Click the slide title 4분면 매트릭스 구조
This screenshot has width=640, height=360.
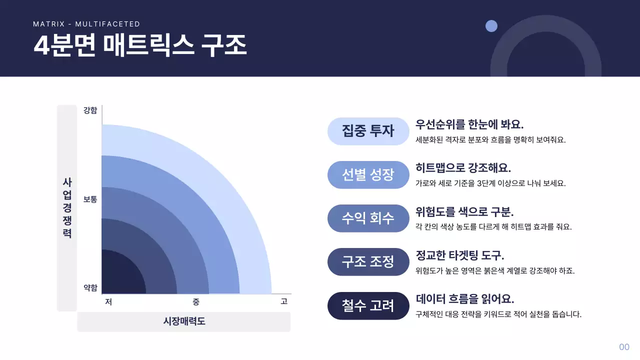(x=140, y=45)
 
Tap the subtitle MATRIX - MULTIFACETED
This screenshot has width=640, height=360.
(x=86, y=24)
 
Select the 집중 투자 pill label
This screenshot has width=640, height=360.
(x=368, y=131)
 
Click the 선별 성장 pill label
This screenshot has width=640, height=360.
(x=368, y=174)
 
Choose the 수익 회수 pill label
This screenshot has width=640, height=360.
(x=368, y=218)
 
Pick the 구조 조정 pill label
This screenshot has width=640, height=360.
(x=368, y=261)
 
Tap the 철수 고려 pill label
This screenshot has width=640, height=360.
(x=368, y=305)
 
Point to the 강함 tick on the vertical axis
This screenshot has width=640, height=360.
(x=90, y=110)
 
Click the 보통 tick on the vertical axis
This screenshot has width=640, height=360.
(x=90, y=199)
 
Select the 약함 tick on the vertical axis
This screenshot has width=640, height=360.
(x=90, y=287)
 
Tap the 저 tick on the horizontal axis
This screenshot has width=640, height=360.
(x=108, y=301)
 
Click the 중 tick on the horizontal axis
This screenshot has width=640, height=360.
(x=196, y=301)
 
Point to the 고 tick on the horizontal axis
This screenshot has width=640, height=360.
(x=284, y=301)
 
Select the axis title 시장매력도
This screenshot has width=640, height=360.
(x=184, y=321)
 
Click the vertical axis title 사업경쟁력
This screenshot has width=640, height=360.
(x=67, y=207)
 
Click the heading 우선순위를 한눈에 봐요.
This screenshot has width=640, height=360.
(x=469, y=124)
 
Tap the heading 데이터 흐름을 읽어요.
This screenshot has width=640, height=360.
(x=465, y=299)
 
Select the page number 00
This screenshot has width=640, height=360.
(x=624, y=347)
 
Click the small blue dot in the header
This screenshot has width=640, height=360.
(x=491, y=26)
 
